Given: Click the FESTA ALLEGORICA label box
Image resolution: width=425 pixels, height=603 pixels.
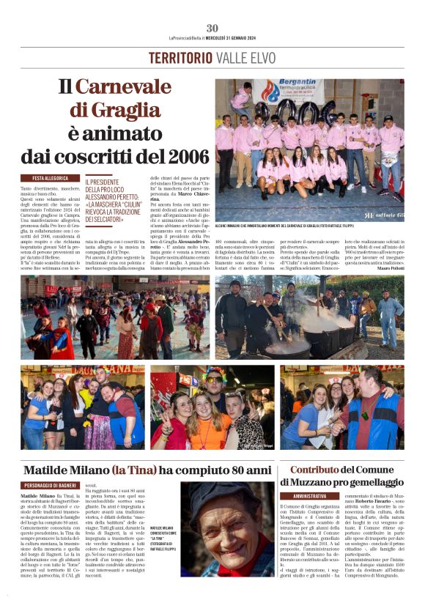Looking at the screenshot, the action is point(50,178).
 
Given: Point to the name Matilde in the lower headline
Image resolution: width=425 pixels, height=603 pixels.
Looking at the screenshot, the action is point(51,469).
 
